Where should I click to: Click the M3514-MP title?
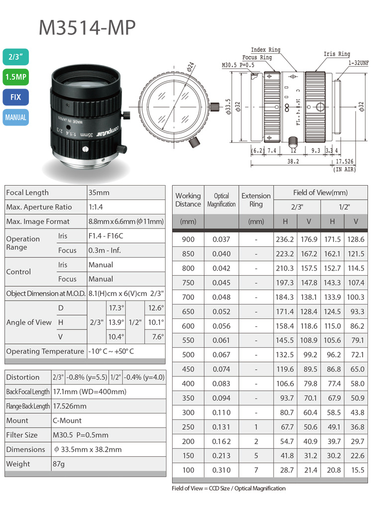coord(87,27)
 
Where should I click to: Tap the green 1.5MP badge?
coord(16,77)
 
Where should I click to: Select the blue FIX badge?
coord(16,97)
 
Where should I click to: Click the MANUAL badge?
coord(16,117)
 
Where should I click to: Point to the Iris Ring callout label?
coord(337,54)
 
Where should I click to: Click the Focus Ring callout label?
coord(257,58)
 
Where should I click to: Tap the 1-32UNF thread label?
coord(359,63)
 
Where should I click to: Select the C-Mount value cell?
coord(67,420)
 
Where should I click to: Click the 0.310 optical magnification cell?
coord(221,470)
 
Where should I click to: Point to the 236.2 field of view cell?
coord(285,239)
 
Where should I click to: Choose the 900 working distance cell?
coord(188,239)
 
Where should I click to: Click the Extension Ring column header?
coord(256,200)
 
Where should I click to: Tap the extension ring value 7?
coord(256,470)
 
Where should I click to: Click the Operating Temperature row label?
coord(45,351)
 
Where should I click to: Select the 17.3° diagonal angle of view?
coord(116,308)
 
